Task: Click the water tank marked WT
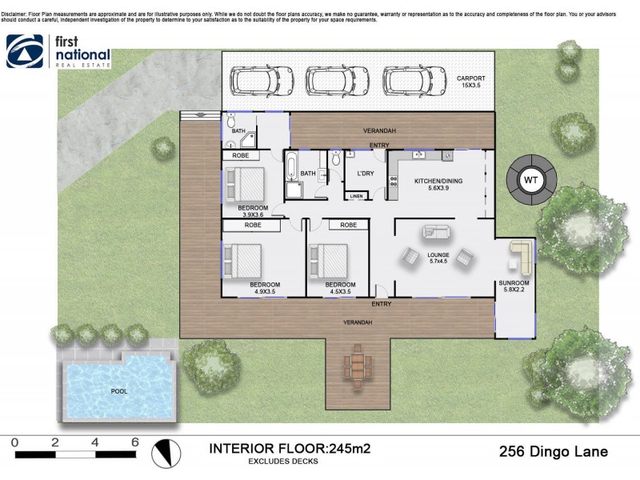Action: point(530,180)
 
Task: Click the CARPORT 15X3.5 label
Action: point(471,82)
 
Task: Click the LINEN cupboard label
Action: point(356,196)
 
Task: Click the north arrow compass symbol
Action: point(163,454)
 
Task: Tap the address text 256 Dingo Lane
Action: point(554,452)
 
